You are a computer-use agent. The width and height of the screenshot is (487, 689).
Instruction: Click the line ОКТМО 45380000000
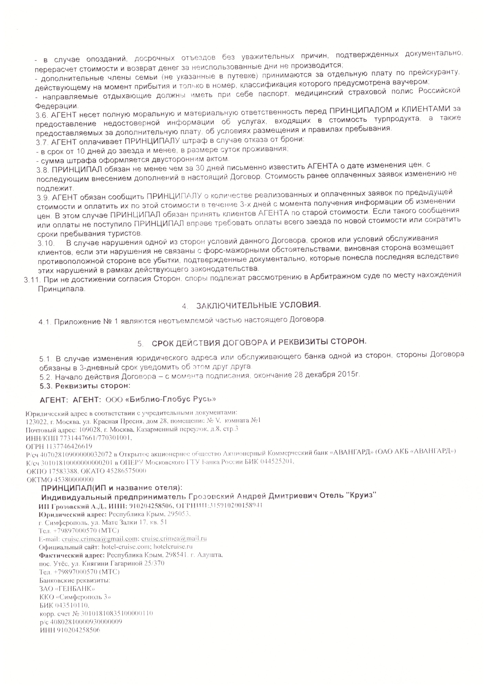60,480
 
